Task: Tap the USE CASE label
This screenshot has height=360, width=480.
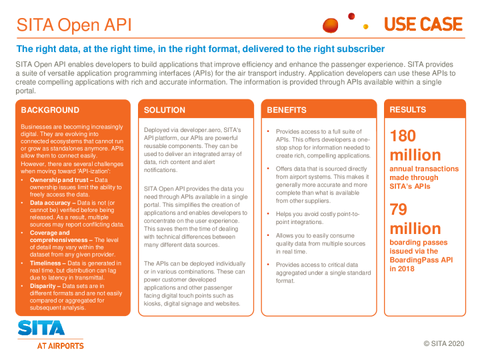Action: [x=423, y=25]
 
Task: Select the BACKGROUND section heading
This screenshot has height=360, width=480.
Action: [x=50, y=110]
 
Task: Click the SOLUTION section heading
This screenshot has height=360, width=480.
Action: [x=165, y=110]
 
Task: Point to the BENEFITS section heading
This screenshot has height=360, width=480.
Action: [x=287, y=110]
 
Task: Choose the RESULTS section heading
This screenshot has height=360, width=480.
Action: [x=408, y=109]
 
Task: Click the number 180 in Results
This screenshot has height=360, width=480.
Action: [x=403, y=136]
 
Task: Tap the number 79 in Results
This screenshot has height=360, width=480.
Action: [x=399, y=209]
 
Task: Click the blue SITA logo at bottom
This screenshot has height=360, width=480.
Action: [x=41, y=328]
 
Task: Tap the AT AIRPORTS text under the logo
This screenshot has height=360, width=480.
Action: [x=60, y=346]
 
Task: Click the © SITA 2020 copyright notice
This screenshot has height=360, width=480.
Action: [x=443, y=343]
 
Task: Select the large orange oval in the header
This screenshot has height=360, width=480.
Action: [x=331, y=25]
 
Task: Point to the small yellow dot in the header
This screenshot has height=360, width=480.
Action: [x=365, y=27]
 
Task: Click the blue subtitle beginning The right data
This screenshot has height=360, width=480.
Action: [x=200, y=49]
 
